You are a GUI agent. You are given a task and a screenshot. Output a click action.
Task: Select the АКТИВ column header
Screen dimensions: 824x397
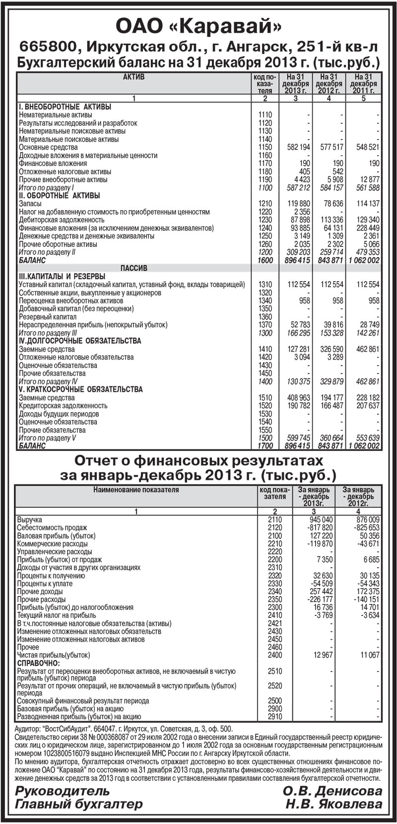pos(133,77)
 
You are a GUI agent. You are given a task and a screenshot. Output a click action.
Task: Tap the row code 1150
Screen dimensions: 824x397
pos(265,148)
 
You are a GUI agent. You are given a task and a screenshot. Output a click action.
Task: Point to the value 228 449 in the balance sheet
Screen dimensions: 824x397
pos(367,228)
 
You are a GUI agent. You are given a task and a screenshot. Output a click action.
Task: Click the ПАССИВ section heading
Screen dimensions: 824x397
pos(134,268)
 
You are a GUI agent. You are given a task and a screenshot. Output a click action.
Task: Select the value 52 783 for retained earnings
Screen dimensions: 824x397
pos(298,325)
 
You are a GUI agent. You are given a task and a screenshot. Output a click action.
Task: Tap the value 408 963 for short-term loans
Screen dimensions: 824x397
pos(298,398)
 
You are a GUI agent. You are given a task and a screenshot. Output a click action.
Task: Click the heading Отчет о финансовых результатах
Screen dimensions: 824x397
pos(198,459)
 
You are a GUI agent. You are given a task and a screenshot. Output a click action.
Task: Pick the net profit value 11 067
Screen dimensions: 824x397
pos(368,656)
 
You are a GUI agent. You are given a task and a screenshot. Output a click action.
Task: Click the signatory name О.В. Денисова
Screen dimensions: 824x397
pos(332,791)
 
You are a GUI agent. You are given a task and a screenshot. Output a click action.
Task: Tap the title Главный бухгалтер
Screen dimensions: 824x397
pos(79,804)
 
